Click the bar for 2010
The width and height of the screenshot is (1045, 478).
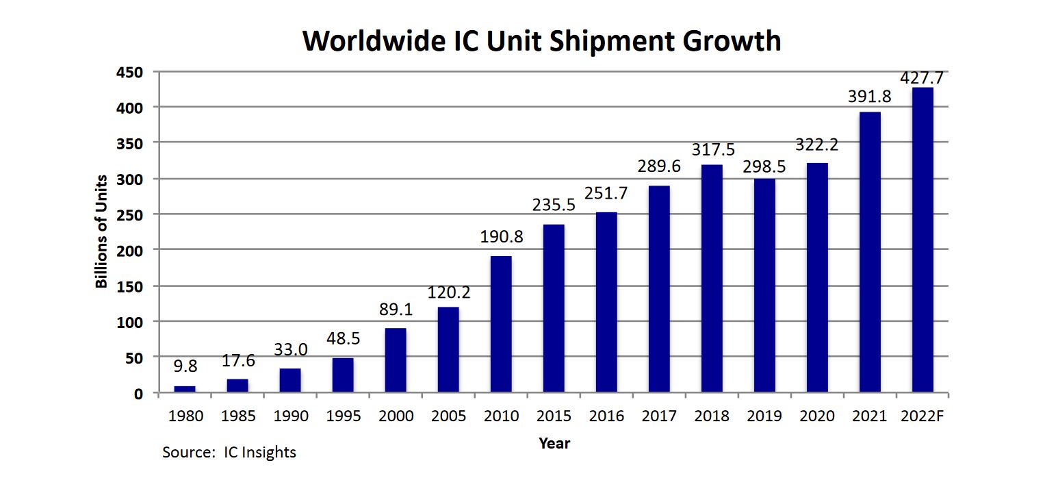click(501, 325)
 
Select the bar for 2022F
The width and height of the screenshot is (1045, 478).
click(923, 240)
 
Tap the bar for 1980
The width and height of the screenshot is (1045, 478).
click(185, 390)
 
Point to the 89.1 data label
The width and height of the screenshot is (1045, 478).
click(396, 310)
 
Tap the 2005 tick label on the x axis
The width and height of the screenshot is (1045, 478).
click(449, 416)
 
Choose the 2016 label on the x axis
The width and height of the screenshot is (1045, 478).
click(607, 416)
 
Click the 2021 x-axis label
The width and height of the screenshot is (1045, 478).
click(870, 416)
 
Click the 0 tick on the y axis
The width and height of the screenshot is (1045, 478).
click(139, 393)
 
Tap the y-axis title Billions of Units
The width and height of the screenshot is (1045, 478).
click(101, 232)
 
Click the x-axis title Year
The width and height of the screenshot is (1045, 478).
click(554, 443)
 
